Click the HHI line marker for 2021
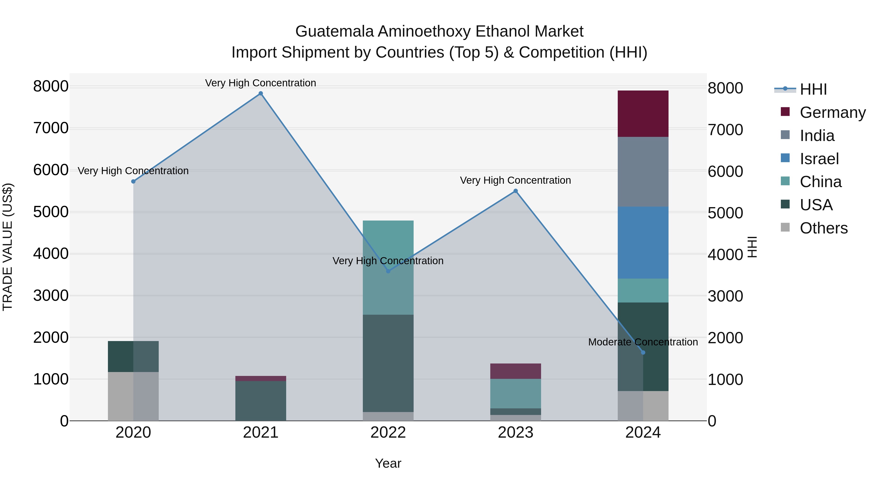[261, 93]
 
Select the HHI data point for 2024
[643, 352]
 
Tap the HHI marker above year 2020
[133, 181]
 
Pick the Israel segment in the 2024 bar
[643, 242]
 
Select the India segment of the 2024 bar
[643, 171]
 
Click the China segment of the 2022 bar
[388, 267]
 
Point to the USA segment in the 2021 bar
[261, 401]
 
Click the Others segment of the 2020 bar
[133, 396]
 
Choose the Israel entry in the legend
[819, 159]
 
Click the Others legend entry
[823, 228]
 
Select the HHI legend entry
[813, 89]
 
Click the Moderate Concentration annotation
[643, 342]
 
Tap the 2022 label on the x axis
[388, 433]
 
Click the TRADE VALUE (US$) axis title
[8, 247]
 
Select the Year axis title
[388, 463]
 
